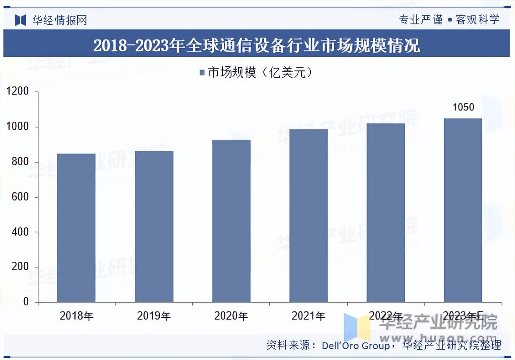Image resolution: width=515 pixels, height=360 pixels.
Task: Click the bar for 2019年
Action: click(x=154, y=227)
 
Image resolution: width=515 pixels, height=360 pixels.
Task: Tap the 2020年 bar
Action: click(x=231, y=221)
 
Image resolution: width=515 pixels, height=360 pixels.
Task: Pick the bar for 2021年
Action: click(x=309, y=216)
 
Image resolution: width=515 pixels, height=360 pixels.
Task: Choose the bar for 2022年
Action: click(x=386, y=213)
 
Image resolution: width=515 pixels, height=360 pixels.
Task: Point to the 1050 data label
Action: click(x=463, y=107)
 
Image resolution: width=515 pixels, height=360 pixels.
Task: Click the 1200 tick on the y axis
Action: click(x=20, y=92)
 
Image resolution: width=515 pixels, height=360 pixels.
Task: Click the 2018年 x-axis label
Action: click(x=76, y=316)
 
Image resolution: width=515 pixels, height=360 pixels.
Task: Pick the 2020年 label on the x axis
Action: click(x=231, y=316)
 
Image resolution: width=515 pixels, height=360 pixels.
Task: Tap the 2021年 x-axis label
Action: click(x=308, y=316)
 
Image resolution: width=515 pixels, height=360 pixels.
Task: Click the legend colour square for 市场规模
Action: click(x=202, y=73)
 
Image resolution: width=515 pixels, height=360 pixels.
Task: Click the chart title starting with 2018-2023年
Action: click(x=257, y=45)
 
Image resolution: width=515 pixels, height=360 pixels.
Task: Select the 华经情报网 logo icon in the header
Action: click(x=21, y=20)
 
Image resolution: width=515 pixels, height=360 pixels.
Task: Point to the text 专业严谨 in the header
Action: click(x=421, y=19)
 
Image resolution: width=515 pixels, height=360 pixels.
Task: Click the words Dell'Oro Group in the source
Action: click(x=356, y=346)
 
